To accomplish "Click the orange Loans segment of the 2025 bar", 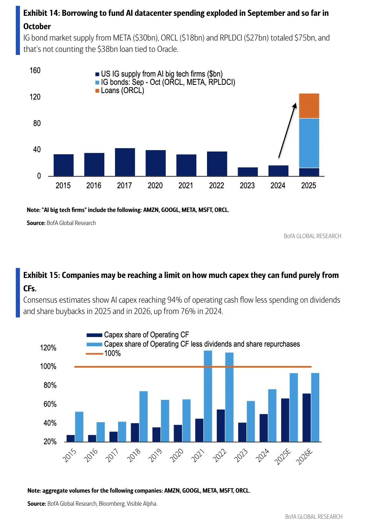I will coord(309,106).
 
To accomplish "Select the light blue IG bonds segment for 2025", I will coord(309,143).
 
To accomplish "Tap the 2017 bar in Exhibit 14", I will coord(125,162).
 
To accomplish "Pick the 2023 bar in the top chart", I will coord(248,172).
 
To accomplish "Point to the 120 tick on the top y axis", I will coord(35,97).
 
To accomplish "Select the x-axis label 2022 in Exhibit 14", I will coord(217,186).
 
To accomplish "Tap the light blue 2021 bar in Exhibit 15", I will coord(208,396).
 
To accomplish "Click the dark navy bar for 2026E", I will coord(307,417).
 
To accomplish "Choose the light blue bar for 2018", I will coord(143,416).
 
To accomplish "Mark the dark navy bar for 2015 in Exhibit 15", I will coord(71,438).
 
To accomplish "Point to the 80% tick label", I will coord(50,385).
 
